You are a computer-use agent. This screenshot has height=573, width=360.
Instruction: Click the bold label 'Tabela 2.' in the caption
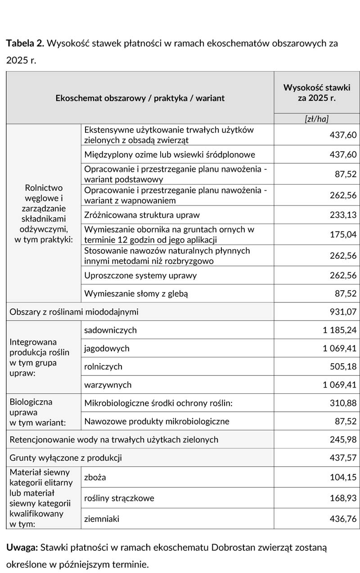click(25, 44)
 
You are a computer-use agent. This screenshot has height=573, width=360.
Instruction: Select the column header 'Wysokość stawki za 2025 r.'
click(317, 93)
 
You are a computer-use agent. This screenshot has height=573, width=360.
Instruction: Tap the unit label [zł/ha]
click(317, 119)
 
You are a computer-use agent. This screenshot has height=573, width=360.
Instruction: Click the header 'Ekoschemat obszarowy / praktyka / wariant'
click(140, 98)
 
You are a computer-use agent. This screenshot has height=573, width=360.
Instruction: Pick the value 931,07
click(343, 311)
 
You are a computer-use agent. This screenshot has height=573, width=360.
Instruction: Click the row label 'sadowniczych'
click(110, 330)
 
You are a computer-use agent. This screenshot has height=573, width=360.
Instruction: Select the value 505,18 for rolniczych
click(343, 366)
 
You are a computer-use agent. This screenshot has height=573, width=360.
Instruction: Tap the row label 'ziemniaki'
click(102, 519)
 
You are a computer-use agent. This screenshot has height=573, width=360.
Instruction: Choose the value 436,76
click(343, 519)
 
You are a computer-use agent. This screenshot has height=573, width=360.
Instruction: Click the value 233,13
click(343, 215)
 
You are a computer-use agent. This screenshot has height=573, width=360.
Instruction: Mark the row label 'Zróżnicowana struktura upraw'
click(142, 215)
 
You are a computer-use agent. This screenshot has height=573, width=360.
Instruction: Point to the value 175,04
click(343, 234)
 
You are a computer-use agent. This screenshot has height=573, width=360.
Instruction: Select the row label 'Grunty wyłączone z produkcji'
click(66, 458)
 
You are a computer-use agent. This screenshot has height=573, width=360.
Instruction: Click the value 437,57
click(343, 458)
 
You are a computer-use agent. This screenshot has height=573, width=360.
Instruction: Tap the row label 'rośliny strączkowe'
click(119, 498)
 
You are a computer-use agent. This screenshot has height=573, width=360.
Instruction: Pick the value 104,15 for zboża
click(343, 477)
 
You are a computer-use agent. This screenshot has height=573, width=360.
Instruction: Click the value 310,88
click(343, 403)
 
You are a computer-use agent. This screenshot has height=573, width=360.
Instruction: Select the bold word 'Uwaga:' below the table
click(22, 548)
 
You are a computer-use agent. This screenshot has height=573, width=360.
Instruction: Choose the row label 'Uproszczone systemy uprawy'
click(140, 275)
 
